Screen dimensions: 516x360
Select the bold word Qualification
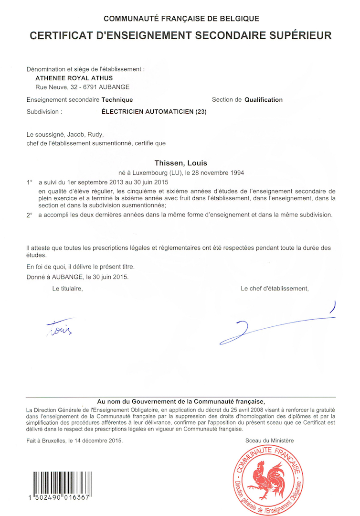coord(264,100)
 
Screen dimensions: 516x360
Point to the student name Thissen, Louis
coord(181,163)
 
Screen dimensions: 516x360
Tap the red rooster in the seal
coord(268,480)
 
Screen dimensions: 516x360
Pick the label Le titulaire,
coord(67,289)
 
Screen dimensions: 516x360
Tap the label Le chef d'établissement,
coord(275,289)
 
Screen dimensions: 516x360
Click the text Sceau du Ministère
coord(269,441)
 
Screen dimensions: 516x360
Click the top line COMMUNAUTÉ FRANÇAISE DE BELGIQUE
coord(181,19)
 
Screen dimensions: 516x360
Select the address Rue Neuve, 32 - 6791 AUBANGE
coord(82,87)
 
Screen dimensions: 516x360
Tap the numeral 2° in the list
coord(30,215)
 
